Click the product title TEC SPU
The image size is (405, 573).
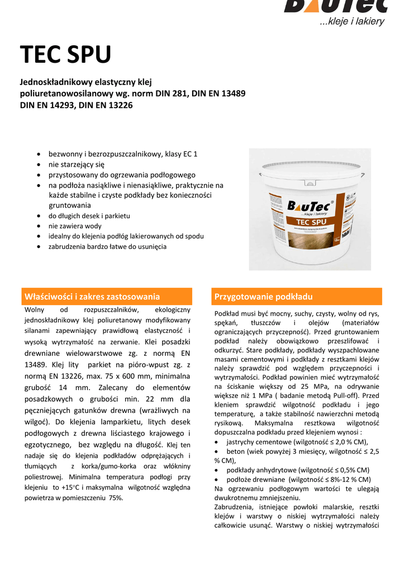[x=66, y=55]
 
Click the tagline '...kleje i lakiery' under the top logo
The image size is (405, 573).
[x=352, y=22]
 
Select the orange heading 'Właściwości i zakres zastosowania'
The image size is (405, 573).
[x=92, y=297]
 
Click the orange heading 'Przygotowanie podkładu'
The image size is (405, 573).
[x=264, y=297]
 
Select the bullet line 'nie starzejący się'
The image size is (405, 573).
[x=77, y=165]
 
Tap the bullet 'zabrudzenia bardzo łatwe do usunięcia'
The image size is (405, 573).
[x=107, y=246]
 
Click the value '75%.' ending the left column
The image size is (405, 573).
[x=116, y=497]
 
